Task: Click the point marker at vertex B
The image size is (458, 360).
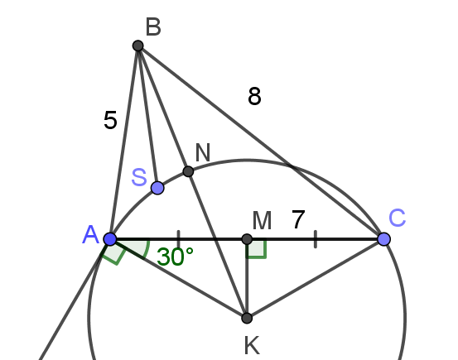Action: pos(137,46)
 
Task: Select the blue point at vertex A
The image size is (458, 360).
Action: pos(110,239)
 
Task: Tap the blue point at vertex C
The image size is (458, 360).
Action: pos(383,239)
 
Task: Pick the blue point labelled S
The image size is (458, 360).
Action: pos(157,188)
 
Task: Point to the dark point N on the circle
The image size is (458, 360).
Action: pos(188,171)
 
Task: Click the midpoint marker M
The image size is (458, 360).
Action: pos(247,239)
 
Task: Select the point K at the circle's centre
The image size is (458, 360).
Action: pos(247,318)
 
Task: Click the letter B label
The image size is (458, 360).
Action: pos(153,27)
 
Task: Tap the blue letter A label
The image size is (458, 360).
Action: pos(91,235)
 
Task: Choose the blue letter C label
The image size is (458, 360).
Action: pos(398,218)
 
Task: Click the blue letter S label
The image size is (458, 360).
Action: pos(139,177)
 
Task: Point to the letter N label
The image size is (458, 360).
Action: pos(203,153)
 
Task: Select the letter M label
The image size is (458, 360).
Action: pos(262,221)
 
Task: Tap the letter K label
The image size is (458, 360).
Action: pos(252,346)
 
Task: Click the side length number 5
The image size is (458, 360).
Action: pos(110,120)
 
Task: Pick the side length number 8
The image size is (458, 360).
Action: pos(254,96)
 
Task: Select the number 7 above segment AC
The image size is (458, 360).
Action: pos(298,219)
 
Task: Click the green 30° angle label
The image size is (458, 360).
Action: pos(175,257)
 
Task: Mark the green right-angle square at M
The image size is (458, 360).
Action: pos(257,249)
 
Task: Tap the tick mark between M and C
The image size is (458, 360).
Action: pos(316,239)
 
